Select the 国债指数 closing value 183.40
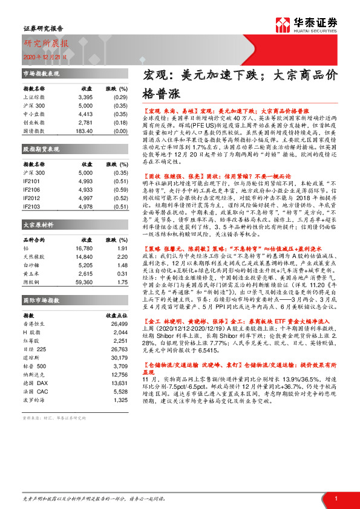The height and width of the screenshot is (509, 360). point(83,131)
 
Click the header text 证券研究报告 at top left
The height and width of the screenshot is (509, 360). point(39,28)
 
